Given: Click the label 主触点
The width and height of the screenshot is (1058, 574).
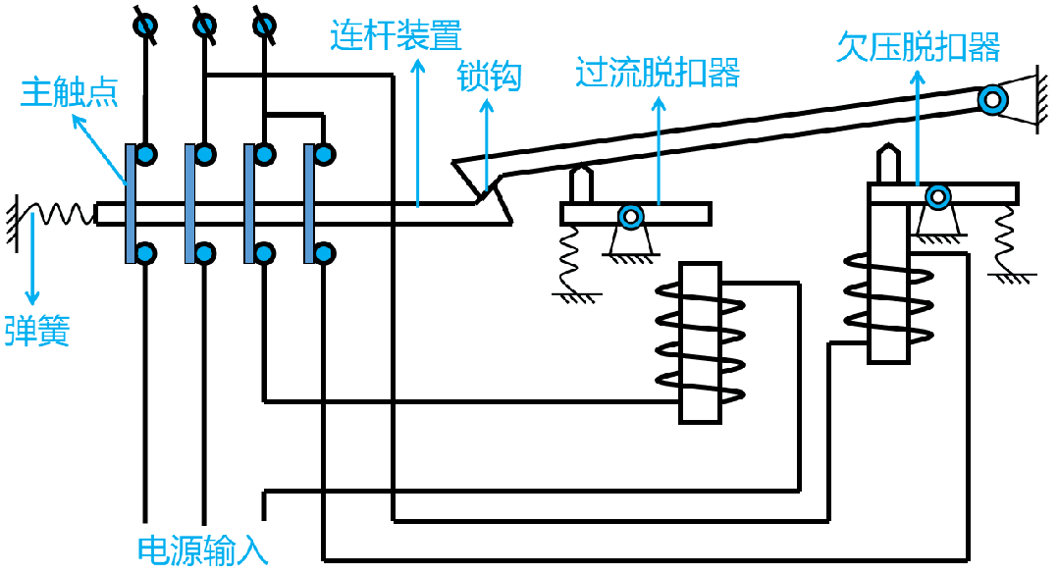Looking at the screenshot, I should (x=70, y=93).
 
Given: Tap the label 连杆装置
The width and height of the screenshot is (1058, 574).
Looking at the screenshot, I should (x=395, y=36).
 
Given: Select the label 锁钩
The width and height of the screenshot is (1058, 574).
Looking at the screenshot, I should (x=489, y=76).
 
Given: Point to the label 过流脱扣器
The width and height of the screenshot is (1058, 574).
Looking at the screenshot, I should (x=657, y=73).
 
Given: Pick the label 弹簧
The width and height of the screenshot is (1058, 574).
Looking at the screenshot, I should (x=36, y=330).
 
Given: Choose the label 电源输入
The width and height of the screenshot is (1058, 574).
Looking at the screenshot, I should (x=203, y=550).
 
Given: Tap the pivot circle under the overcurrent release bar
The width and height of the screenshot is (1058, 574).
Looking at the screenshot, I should (x=630, y=216).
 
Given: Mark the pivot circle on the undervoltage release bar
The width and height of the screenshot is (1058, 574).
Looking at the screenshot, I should (x=939, y=197).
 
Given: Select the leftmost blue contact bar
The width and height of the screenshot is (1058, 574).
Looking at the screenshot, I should (x=131, y=203).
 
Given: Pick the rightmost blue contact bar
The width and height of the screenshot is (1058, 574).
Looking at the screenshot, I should (x=310, y=203).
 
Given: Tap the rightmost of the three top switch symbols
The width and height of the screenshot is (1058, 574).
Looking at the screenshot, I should (x=263, y=24).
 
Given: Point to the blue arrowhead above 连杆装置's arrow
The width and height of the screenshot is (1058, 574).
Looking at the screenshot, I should (x=418, y=68).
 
